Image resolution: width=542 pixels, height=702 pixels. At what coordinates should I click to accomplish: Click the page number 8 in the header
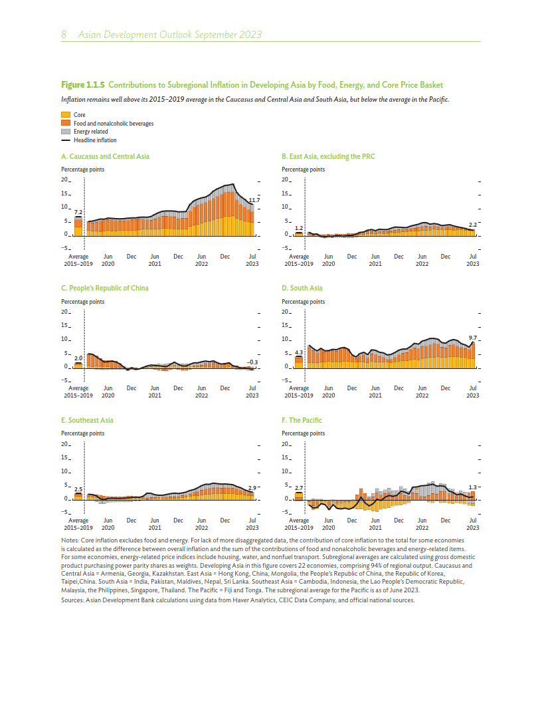click(x=64, y=35)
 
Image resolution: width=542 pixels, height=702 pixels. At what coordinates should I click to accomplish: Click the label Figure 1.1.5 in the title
click(x=83, y=85)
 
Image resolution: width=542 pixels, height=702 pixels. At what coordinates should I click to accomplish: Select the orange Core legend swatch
click(x=66, y=115)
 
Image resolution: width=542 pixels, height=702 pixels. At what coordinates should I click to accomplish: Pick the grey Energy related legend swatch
click(x=66, y=132)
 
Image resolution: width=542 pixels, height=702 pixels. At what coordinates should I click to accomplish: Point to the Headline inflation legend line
click(x=66, y=140)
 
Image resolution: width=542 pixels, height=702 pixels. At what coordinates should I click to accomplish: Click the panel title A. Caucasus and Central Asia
click(x=105, y=156)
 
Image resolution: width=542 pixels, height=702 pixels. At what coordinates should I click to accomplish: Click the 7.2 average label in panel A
click(x=78, y=211)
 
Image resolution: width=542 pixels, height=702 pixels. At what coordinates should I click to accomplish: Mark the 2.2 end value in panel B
click(x=473, y=225)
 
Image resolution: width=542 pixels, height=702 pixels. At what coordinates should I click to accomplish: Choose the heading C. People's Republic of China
click(x=104, y=288)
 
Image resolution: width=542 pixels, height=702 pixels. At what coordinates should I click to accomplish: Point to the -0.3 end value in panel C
click(x=252, y=362)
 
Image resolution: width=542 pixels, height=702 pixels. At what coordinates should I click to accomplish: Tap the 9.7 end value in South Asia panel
click(x=473, y=338)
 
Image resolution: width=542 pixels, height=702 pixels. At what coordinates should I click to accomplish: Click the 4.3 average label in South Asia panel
click(x=298, y=352)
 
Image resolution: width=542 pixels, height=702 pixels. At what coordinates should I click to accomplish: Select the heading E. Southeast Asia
click(x=87, y=420)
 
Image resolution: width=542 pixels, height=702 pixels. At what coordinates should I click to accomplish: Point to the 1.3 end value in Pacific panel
click(x=473, y=487)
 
